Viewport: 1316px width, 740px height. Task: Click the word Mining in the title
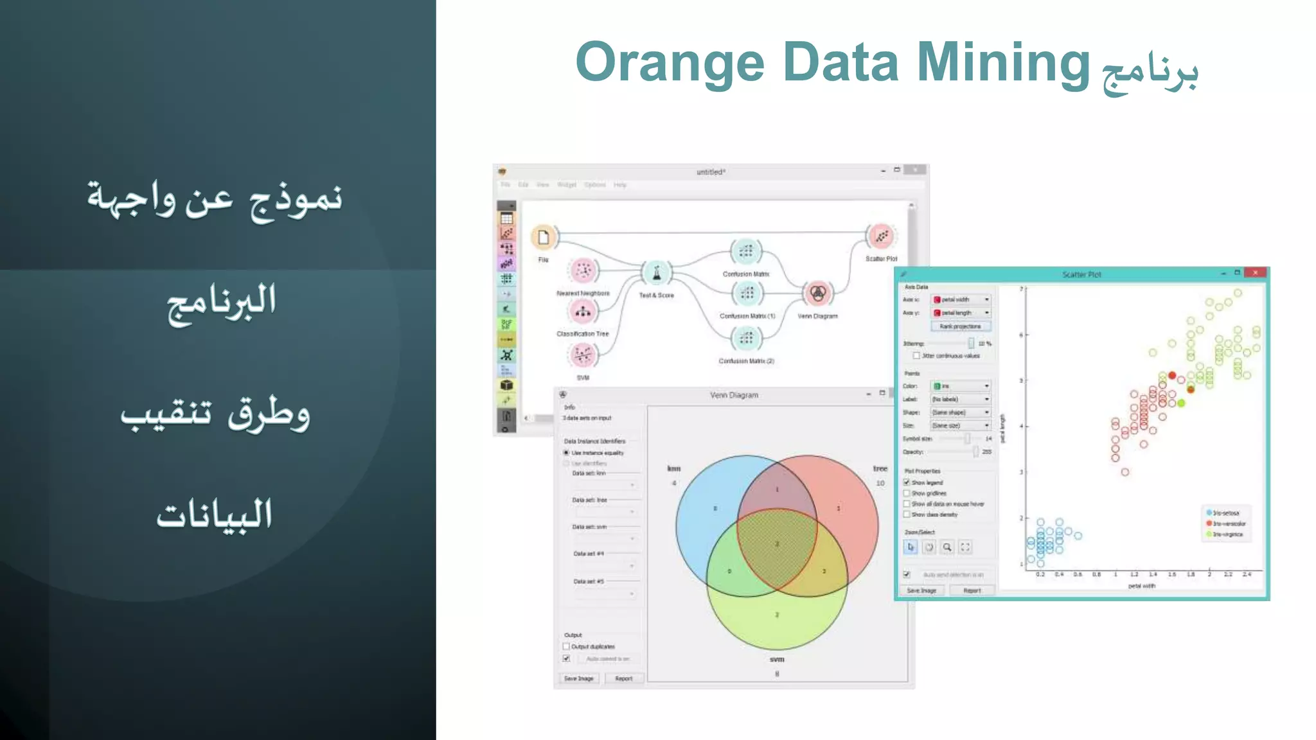click(1003, 63)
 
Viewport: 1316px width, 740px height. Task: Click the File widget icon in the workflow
click(544, 237)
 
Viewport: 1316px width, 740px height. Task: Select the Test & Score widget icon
click(656, 274)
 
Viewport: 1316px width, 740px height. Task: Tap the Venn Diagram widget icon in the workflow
click(817, 294)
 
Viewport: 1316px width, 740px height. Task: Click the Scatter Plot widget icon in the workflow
click(881, 236)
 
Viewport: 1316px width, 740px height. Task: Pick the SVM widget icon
click(583, 355)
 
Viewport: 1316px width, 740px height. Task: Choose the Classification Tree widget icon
click(583, 312)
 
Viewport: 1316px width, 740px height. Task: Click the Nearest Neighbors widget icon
click(583, 271)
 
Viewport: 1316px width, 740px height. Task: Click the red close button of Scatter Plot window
click(1255, 273)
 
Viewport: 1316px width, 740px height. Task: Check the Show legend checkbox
click(907, 482)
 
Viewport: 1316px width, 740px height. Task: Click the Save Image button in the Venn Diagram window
click(578, 678)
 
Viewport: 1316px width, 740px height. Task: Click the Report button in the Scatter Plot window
click(972, 590)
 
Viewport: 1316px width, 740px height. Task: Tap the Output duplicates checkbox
click(566, 646)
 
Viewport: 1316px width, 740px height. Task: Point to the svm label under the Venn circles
click(777, 659)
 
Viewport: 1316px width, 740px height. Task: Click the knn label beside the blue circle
click(673, 468)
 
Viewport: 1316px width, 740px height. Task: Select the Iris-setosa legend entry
click(1225, 513)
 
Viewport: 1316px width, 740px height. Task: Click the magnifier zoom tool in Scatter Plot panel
click(947, 547)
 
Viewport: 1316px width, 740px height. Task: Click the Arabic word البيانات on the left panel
click(215, 514)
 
